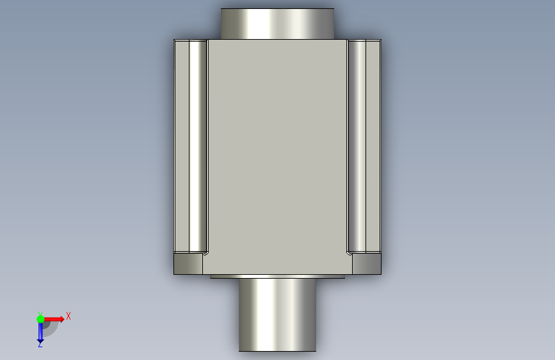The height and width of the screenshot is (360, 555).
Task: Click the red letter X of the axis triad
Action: point(68,316)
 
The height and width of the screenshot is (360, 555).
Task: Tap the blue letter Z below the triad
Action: point(40,345)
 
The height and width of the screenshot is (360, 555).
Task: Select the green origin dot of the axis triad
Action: point(41,319)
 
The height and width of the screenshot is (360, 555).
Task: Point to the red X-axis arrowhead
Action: point(61,319)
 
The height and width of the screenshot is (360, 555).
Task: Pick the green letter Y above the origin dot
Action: point(40,314)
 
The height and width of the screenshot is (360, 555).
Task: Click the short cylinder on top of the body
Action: point(277,24)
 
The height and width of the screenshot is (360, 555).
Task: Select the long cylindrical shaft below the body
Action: point(278,315)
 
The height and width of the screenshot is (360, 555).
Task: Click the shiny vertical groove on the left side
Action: point(198,146)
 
